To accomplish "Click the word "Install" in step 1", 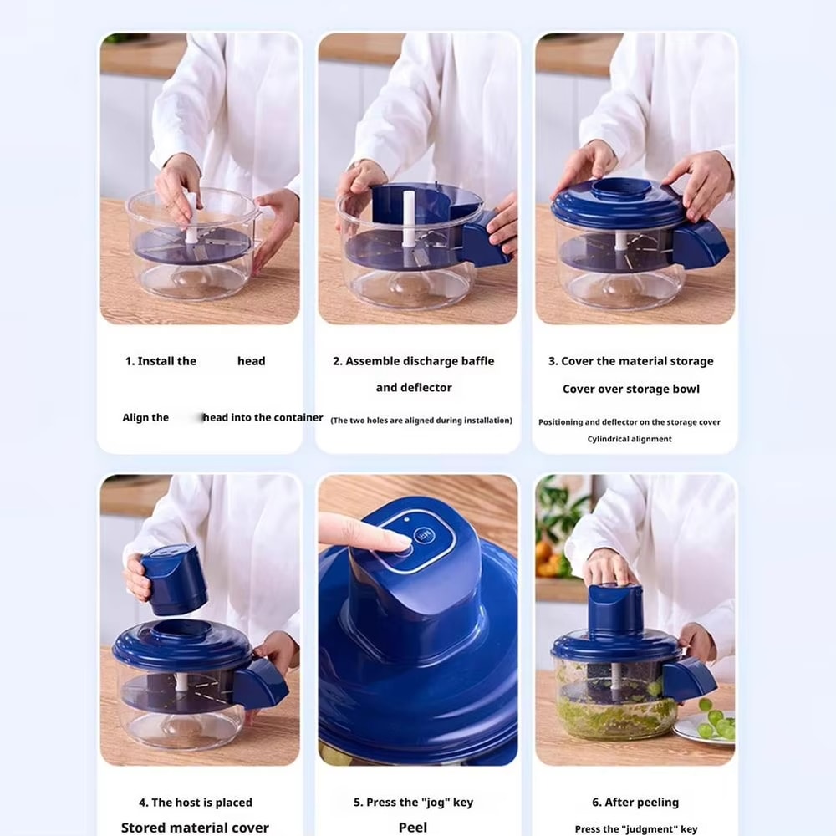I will point(166,361).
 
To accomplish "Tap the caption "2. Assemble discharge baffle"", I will point(413,361).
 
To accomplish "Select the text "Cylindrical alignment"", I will point(629,439).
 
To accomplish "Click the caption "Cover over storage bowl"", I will point(630,389).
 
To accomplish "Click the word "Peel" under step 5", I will point(413,827).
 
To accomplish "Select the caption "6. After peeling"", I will point(635,802).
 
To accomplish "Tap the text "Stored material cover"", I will point(195,827).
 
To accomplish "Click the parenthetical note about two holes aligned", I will point(421,420).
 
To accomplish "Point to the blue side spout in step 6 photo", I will point(687,678).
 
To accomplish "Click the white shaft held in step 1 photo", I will point(191,216).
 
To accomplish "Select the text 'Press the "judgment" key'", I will point(635,828).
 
